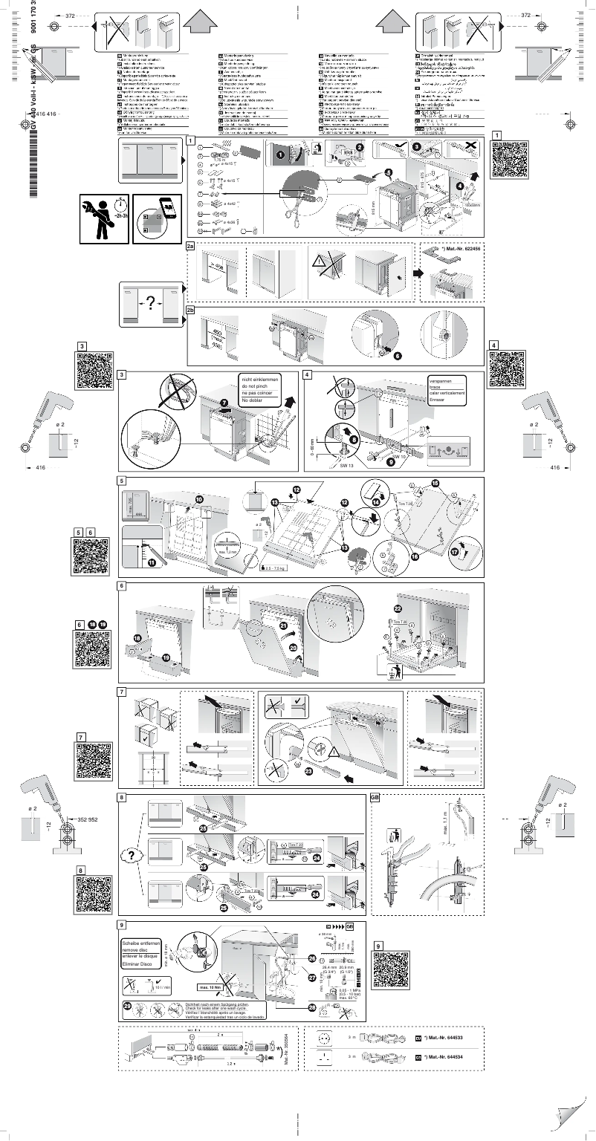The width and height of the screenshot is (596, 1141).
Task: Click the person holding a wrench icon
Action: click(x=103, y=218)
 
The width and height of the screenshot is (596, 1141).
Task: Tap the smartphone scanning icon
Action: click(x=157, y=218)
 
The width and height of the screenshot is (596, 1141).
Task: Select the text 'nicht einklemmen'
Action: click(x=259, y=380)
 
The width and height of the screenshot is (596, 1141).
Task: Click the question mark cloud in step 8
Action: click(x=131, y=855)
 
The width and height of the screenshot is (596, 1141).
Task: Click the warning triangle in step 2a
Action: click(x=320, y=261)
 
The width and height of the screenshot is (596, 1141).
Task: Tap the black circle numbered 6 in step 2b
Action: click(x=398, y=356)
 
